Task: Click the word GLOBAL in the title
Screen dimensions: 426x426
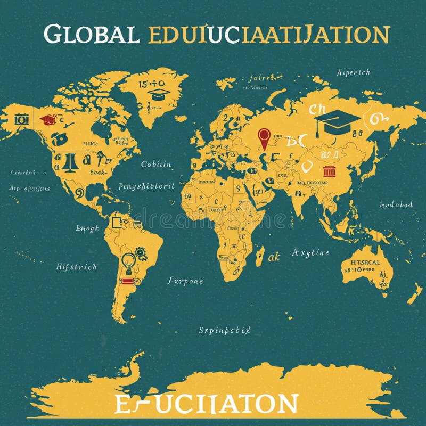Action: tap(92, 35)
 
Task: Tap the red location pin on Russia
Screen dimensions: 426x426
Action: tap(264, 137)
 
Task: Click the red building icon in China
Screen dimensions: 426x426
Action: tap(330, 171)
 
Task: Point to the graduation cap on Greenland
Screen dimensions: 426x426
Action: tap(159, 95)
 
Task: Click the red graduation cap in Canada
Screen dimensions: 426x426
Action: tap(48, 119)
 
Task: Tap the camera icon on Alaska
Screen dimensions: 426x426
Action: tap(22, 119)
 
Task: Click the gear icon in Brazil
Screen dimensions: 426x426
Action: tap(141, 252)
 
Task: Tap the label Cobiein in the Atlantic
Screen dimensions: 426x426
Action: tap(156, 165)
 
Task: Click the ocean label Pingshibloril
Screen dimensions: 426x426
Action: tap(146, 186)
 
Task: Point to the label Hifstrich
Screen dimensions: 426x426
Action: tap(77, 267)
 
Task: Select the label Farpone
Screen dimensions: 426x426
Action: tap(185, 281)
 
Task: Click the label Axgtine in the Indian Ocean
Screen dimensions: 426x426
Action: tap(310, 253)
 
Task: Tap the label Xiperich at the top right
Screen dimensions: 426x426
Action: tap(354, 72)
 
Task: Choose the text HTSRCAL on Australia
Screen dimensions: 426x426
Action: tap(365, 262)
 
